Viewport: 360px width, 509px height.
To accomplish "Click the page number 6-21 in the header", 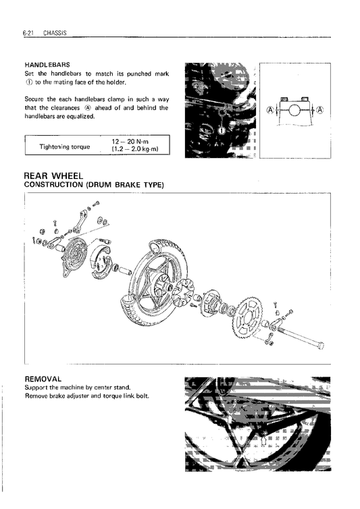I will coord(30,32).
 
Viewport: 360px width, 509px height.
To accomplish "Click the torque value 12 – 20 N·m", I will coord(133,142).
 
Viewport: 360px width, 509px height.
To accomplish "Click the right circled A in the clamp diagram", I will coord(319,109).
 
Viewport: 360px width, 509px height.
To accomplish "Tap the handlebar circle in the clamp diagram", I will coord(295,109).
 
